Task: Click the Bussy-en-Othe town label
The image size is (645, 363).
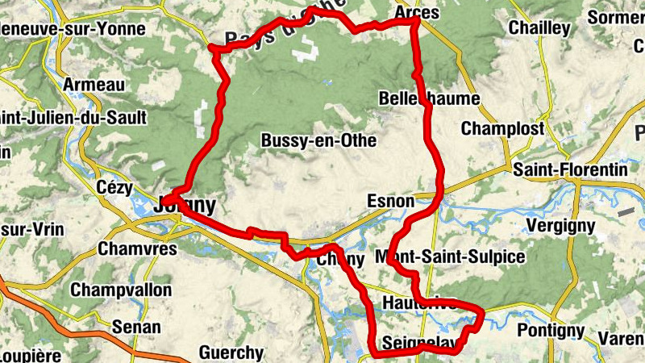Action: pos(318,140)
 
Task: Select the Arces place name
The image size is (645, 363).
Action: pos(418,13)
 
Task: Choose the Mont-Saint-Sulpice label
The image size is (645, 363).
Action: pos(450,257)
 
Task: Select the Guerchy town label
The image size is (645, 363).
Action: pos(231,353)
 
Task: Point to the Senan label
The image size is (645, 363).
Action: pos(136,328)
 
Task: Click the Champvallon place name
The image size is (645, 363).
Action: pos(122,290)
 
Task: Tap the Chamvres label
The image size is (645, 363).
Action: pos(137,249)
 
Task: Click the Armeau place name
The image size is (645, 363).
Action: pos(94,85)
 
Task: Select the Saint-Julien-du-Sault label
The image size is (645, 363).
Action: pos(73,119)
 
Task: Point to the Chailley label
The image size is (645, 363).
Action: pos(539,28)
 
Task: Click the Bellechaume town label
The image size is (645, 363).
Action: pos(429,99)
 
